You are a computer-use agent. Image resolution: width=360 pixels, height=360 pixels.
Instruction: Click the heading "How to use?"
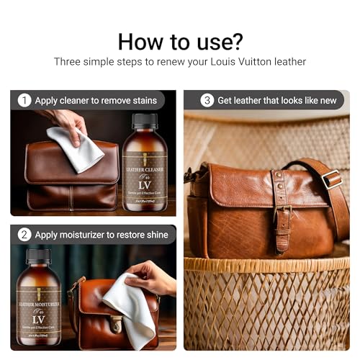click(179, 40)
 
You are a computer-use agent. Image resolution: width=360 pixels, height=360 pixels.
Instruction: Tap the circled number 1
click(24, 101)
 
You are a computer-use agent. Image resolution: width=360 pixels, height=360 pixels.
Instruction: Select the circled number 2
click(24, 235)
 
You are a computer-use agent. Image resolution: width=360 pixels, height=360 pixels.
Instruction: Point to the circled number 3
click(207, 100)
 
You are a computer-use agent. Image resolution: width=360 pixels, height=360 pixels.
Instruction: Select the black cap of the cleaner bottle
click(145, 120)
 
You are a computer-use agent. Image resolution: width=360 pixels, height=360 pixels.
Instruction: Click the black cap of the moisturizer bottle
click(39, 257)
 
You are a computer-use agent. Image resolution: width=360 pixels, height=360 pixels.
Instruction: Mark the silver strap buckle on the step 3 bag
click(332, 179)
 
